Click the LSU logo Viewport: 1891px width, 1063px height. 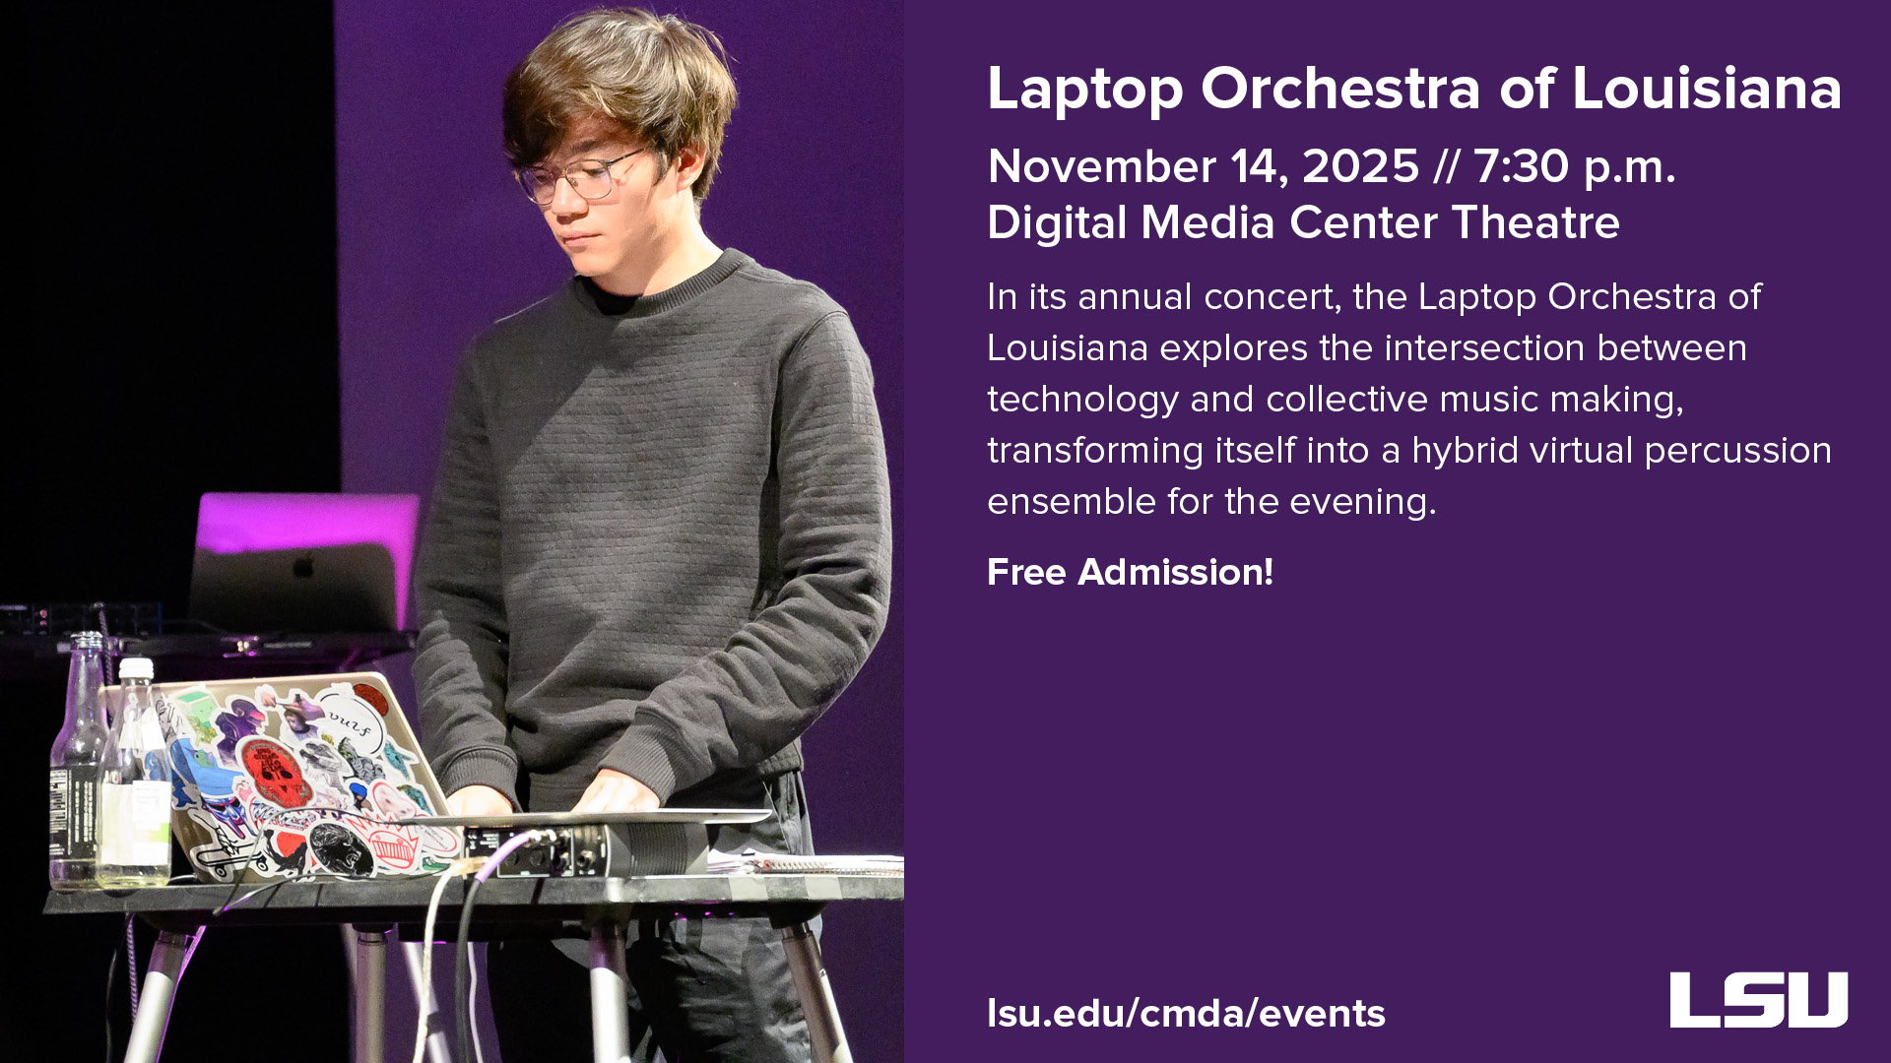(1758, 1000)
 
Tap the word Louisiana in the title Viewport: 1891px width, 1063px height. (1706, 89)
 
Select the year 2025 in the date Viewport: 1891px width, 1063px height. (1360, 165)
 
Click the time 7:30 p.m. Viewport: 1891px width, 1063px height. (1574, 165)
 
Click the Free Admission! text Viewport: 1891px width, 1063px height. (1130, 572)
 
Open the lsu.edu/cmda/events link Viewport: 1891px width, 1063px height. (1186, 1013)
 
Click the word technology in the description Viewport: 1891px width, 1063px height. (1082, 400)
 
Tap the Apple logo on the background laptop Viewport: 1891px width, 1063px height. (304, 568)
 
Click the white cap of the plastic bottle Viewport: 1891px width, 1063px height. (136, 668)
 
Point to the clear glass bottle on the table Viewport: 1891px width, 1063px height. (79, 768)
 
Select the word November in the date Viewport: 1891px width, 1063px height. (1101, 165)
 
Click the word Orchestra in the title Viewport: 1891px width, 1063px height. (1340, 89)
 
